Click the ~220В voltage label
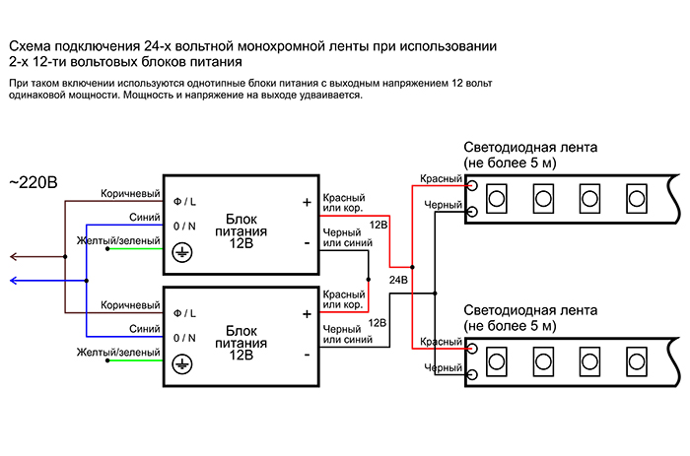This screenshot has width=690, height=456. [34, 182]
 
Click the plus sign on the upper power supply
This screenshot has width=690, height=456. [306, 203]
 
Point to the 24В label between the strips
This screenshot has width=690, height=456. [399, 280]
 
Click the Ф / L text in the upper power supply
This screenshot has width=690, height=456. [184, 202]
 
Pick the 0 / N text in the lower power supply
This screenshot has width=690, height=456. [184, 337]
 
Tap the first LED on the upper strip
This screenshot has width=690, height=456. [496, 198]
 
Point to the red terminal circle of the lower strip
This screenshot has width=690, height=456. [472, 349]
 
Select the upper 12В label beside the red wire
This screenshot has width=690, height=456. [378, 225]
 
